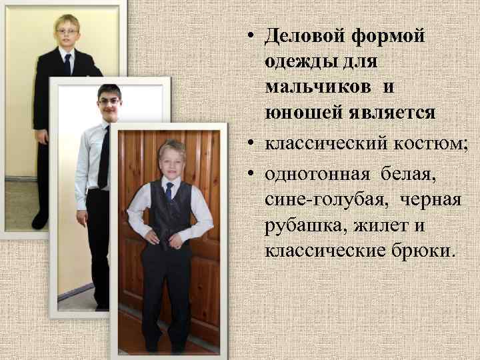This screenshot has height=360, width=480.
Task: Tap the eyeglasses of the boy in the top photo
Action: pyautogui.click(x=67, y=31)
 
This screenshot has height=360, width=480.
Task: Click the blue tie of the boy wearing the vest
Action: pyautogui.click(x=169, y=192)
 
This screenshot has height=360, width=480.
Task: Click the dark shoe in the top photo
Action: pyautogui.click(x=41, y=219)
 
